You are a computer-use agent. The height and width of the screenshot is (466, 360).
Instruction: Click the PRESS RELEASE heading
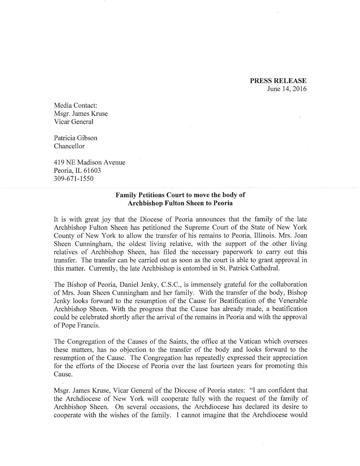tap(278, 81)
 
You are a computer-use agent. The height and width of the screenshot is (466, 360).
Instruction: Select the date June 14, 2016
tap(287, 89)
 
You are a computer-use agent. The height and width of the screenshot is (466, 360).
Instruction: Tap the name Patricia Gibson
tap(76, 138)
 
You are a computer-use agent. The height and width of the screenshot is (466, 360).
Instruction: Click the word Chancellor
tap(69, 146)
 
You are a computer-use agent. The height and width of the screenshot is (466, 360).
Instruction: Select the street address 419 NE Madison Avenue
tap(90, 163)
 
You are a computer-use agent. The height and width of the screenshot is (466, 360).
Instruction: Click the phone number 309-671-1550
tap(74, 179)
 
